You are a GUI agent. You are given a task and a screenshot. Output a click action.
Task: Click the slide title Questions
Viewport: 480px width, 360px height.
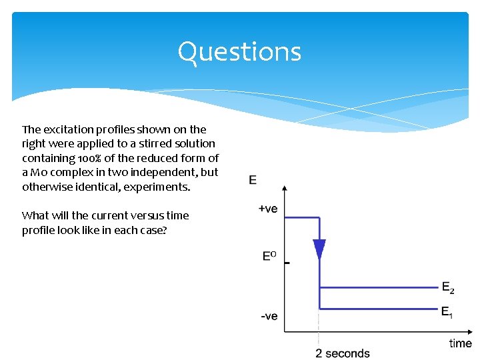point(239,52)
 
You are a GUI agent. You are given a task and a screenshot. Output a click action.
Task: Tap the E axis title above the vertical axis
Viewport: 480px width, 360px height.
point(253,179)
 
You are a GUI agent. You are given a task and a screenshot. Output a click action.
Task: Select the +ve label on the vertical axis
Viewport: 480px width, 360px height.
point(267,209)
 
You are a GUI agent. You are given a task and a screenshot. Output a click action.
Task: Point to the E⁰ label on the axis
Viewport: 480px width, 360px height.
point(269,255)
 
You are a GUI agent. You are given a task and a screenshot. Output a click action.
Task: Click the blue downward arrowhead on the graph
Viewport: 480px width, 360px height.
point(319,249)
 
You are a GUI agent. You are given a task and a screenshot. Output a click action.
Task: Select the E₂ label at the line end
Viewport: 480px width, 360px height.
point(449,288)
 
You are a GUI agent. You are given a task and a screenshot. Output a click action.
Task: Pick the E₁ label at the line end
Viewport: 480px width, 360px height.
point(447,311)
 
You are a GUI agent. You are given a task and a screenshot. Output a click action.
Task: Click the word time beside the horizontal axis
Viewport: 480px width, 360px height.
point(460,343)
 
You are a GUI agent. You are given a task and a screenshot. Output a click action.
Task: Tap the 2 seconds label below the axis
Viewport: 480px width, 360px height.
point(343,353)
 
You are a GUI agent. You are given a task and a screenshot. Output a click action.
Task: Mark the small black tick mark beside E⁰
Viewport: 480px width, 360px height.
point(287,263)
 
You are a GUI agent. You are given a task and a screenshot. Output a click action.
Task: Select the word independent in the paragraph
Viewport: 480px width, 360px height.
point(166,172)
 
